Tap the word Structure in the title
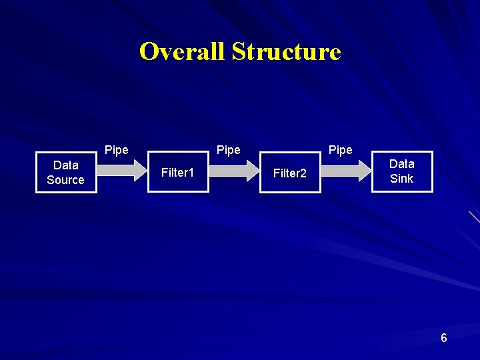pos(286,51)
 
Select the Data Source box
pos(66,173)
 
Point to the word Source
pos(66,180)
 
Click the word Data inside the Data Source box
pos(66,165)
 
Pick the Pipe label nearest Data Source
pos(117,150)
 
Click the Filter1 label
pos(178,173)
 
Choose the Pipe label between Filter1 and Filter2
pos(229,150)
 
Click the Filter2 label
pos(290,173)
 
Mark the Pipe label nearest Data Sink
pos(341,150)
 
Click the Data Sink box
pos(402,171)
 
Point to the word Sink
pos(402,179)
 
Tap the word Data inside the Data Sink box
pos(402,163)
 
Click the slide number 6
pos(444,339)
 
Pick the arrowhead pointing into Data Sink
pos(365,171)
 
